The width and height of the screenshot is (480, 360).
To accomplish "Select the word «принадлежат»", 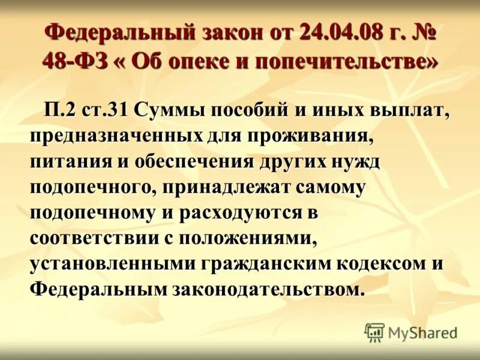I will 227,188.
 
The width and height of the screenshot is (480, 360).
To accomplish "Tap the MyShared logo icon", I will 374,332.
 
